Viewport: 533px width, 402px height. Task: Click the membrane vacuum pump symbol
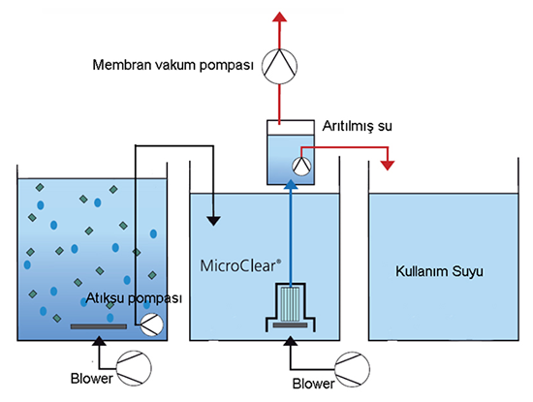point(279,66)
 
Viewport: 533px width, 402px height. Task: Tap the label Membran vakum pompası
point(173,65)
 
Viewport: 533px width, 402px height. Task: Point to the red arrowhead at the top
point(279,16)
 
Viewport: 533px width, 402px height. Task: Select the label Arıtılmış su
point(357,126)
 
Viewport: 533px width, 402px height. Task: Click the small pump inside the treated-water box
point(301,167)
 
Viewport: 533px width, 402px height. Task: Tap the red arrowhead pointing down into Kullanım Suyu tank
point(388,165)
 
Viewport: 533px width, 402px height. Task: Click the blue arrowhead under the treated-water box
point(291,184)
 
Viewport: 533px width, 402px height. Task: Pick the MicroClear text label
point(240,265)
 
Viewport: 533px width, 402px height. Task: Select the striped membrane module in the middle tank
point(290,304)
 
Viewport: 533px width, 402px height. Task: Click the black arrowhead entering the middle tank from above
point(214,221)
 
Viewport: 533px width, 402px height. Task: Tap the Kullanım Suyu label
point(439,271)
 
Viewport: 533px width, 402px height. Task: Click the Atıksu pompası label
point(134,298)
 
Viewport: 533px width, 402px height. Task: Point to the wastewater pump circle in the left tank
point(152,325)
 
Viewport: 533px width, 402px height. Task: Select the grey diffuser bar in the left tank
point(99,326)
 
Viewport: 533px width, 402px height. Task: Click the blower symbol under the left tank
point(134,368)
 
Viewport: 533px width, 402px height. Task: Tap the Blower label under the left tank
point(91,378)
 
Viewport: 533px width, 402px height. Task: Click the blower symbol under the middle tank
point(353,369)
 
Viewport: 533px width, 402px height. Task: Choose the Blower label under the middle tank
point(313,384)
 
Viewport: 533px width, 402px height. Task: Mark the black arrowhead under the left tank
point(99,341)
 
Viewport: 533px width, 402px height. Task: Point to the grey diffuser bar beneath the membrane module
point(290,325)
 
